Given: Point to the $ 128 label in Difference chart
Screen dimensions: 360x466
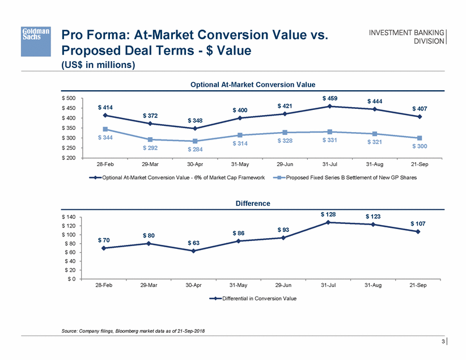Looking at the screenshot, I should click(x=329, y=214).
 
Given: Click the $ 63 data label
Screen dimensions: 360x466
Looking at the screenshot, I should click(x=194, y=243).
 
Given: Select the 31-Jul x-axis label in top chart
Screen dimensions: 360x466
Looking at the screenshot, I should click(x=329, y=164).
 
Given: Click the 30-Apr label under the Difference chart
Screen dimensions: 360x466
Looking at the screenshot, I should click(x=194, y=285).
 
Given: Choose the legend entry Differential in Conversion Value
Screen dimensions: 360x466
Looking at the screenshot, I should click(x=253, y=298).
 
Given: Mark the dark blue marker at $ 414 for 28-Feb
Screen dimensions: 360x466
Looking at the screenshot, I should click(x=105, y=116).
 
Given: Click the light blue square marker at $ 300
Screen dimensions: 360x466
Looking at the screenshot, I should click(x=419, y=138).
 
